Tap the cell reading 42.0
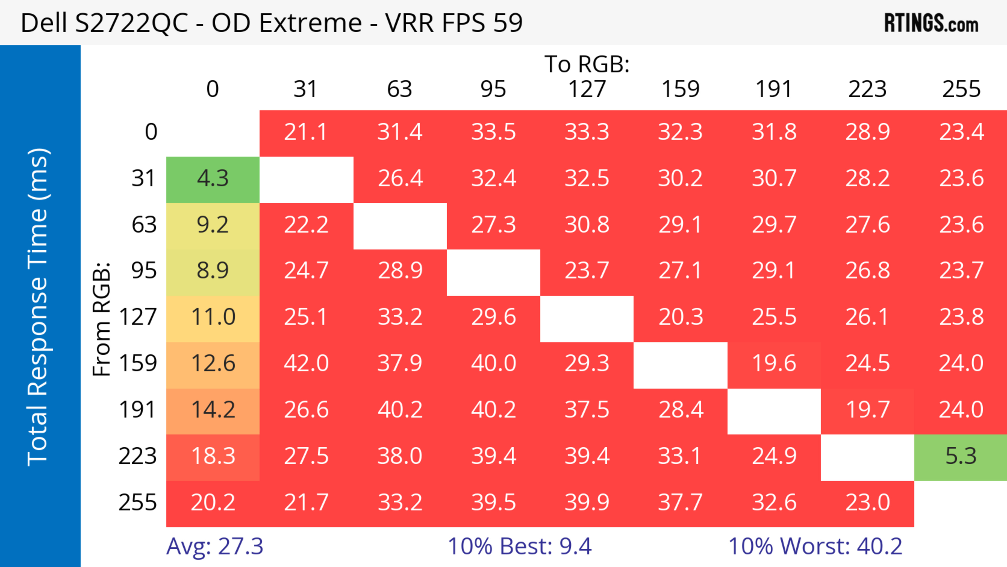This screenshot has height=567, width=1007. point(306,364)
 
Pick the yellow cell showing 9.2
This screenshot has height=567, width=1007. point(213,225)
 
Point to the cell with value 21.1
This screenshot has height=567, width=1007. point(306,132)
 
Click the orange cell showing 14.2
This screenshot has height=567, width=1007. point(213,410)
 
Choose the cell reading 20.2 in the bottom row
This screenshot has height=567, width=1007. point(213,503)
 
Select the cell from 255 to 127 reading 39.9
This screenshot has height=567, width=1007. point(587,503)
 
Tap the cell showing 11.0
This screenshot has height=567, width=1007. point(213,317)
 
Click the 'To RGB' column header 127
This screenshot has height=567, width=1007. point(587,89)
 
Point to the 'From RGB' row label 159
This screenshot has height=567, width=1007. point(138,364)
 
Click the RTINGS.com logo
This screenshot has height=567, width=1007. point(931,23)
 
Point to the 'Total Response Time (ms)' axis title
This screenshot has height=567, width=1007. point(38,307)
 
